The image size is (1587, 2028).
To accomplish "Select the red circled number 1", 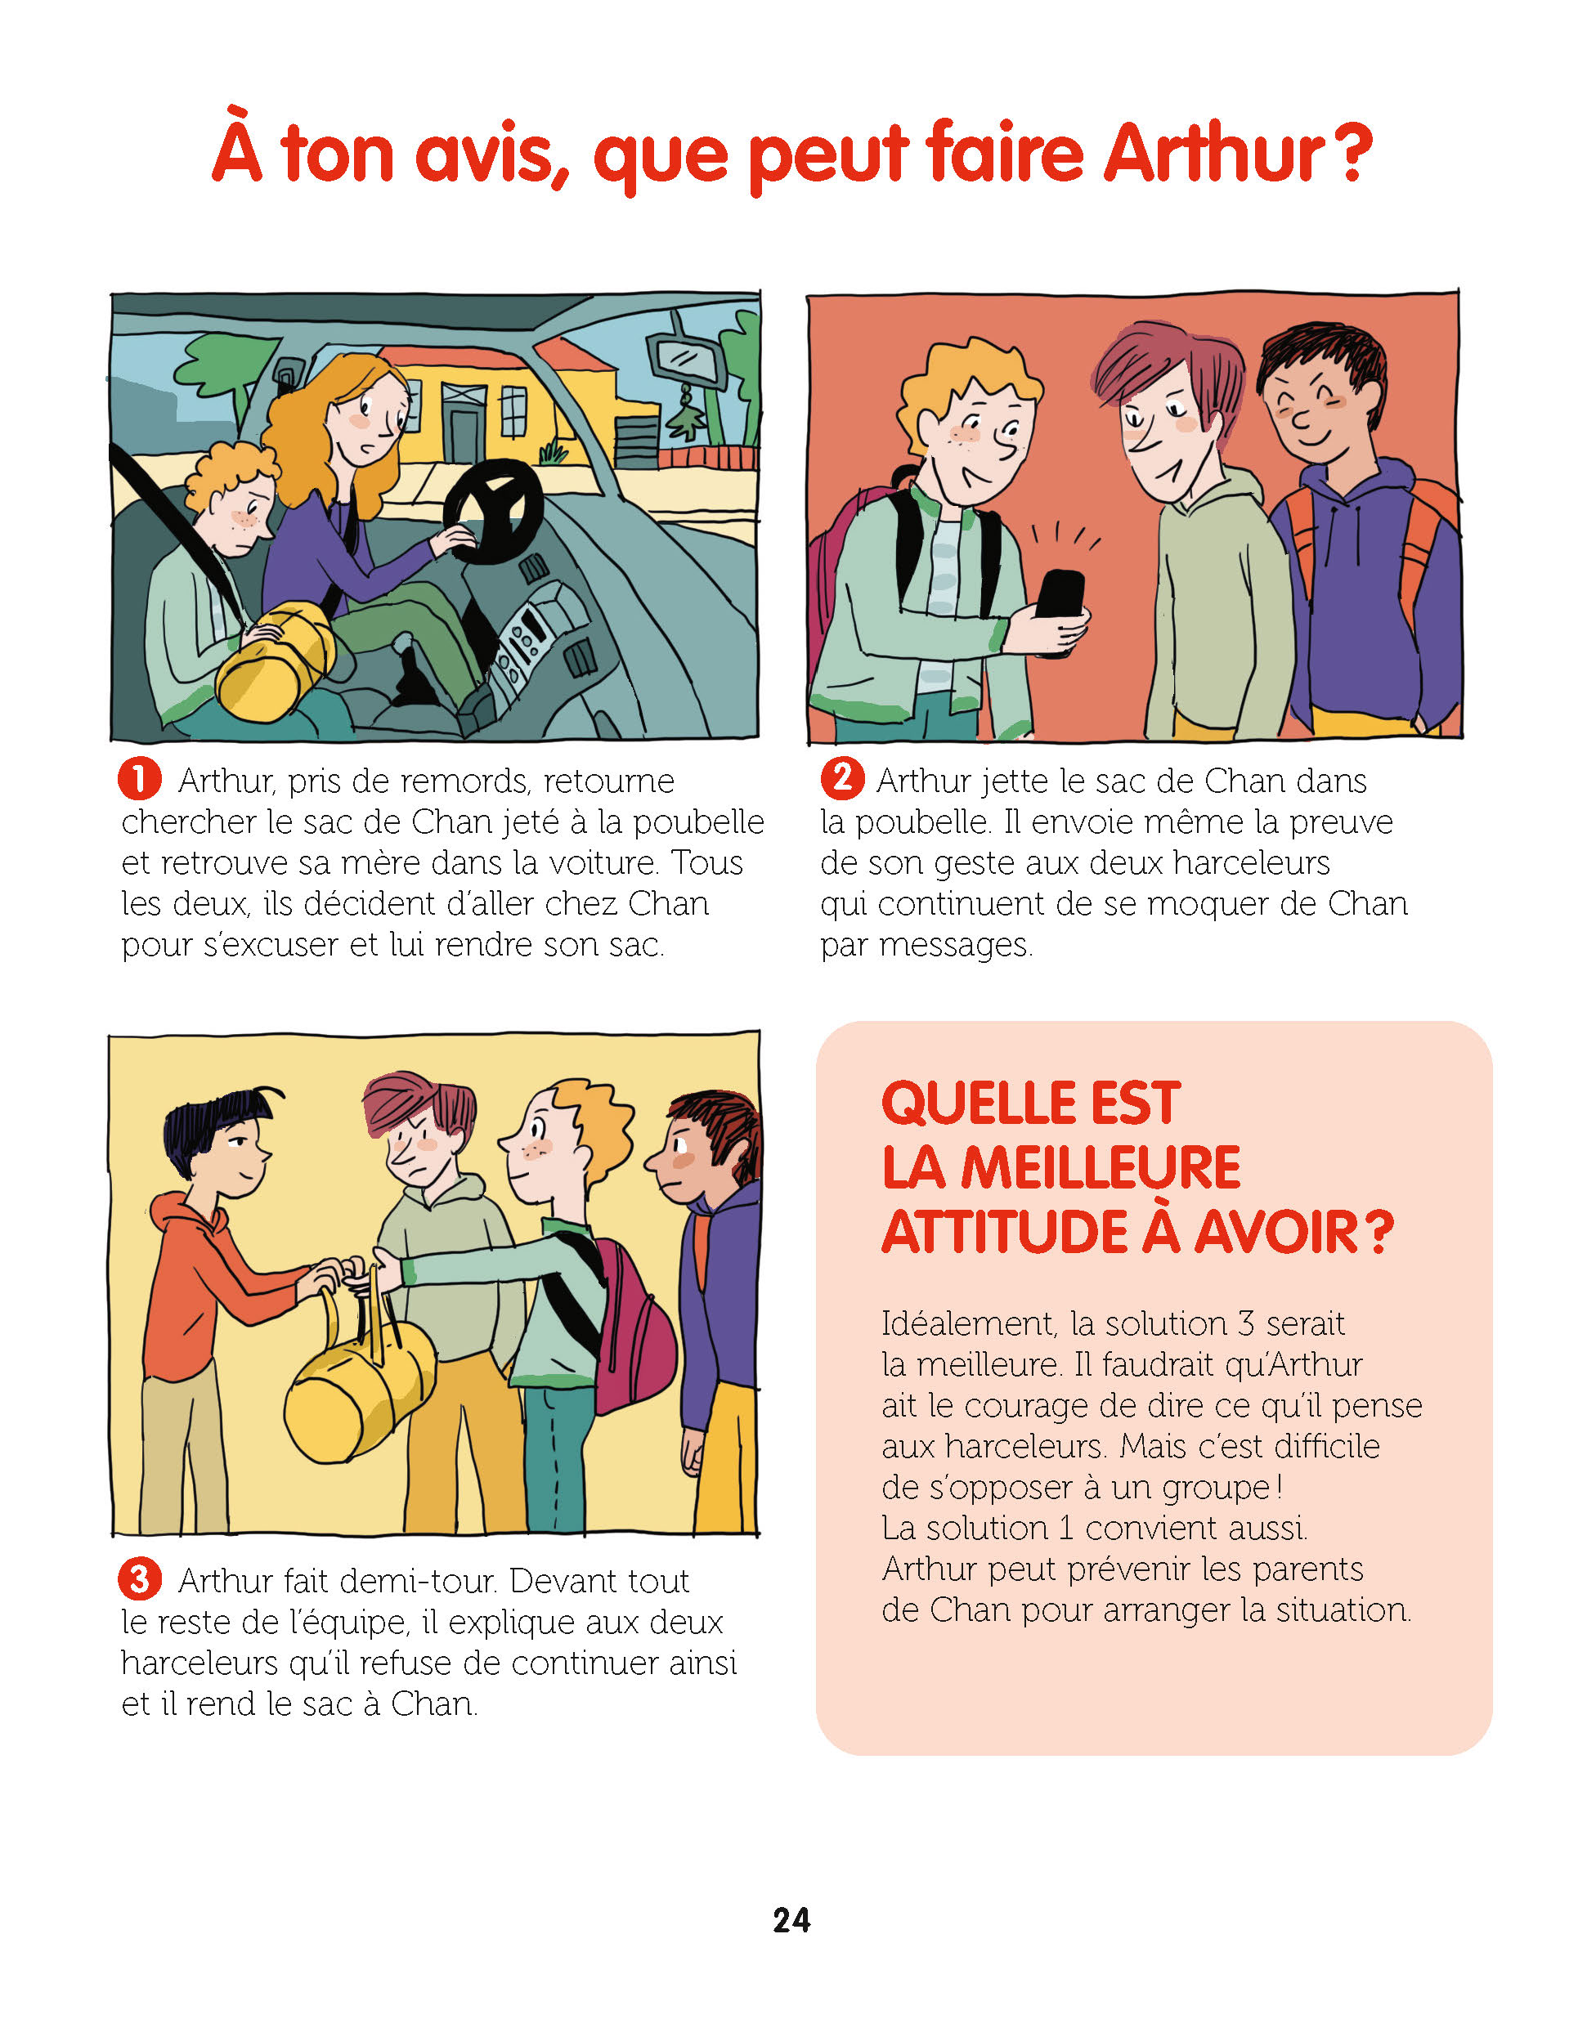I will pos(139,778).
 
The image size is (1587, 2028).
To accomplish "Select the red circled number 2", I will pos(842,777).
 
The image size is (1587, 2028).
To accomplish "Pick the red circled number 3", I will pos(139,1578).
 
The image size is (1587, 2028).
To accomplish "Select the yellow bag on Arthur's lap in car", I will pos(275,660).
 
